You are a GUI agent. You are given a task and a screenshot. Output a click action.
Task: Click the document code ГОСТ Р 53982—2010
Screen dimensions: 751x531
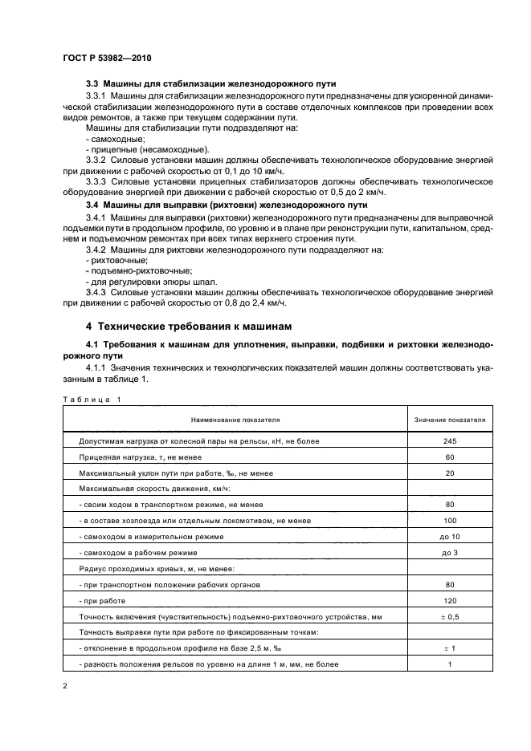(106, 59)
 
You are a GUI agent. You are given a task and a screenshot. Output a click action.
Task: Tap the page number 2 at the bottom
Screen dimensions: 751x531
(66, 687)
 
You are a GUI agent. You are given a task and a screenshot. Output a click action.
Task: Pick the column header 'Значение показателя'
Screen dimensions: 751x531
(449, 419)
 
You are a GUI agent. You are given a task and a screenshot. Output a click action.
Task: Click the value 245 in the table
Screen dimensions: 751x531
(449, 441)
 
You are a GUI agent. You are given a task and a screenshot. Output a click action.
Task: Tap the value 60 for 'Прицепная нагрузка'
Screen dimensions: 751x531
(449, 457)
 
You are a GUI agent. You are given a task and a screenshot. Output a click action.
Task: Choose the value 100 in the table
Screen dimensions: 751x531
(449, 521)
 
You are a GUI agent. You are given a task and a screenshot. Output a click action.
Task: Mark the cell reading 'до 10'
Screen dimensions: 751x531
(449, 537)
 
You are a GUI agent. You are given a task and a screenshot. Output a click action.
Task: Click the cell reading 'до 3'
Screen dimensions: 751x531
(449, 553)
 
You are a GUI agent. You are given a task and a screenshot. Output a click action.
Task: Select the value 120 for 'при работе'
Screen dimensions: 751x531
(449, 601)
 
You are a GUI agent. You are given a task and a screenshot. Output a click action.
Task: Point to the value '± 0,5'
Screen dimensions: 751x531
(449, 616)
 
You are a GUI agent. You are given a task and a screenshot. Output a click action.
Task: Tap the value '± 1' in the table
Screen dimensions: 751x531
(449, 648)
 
